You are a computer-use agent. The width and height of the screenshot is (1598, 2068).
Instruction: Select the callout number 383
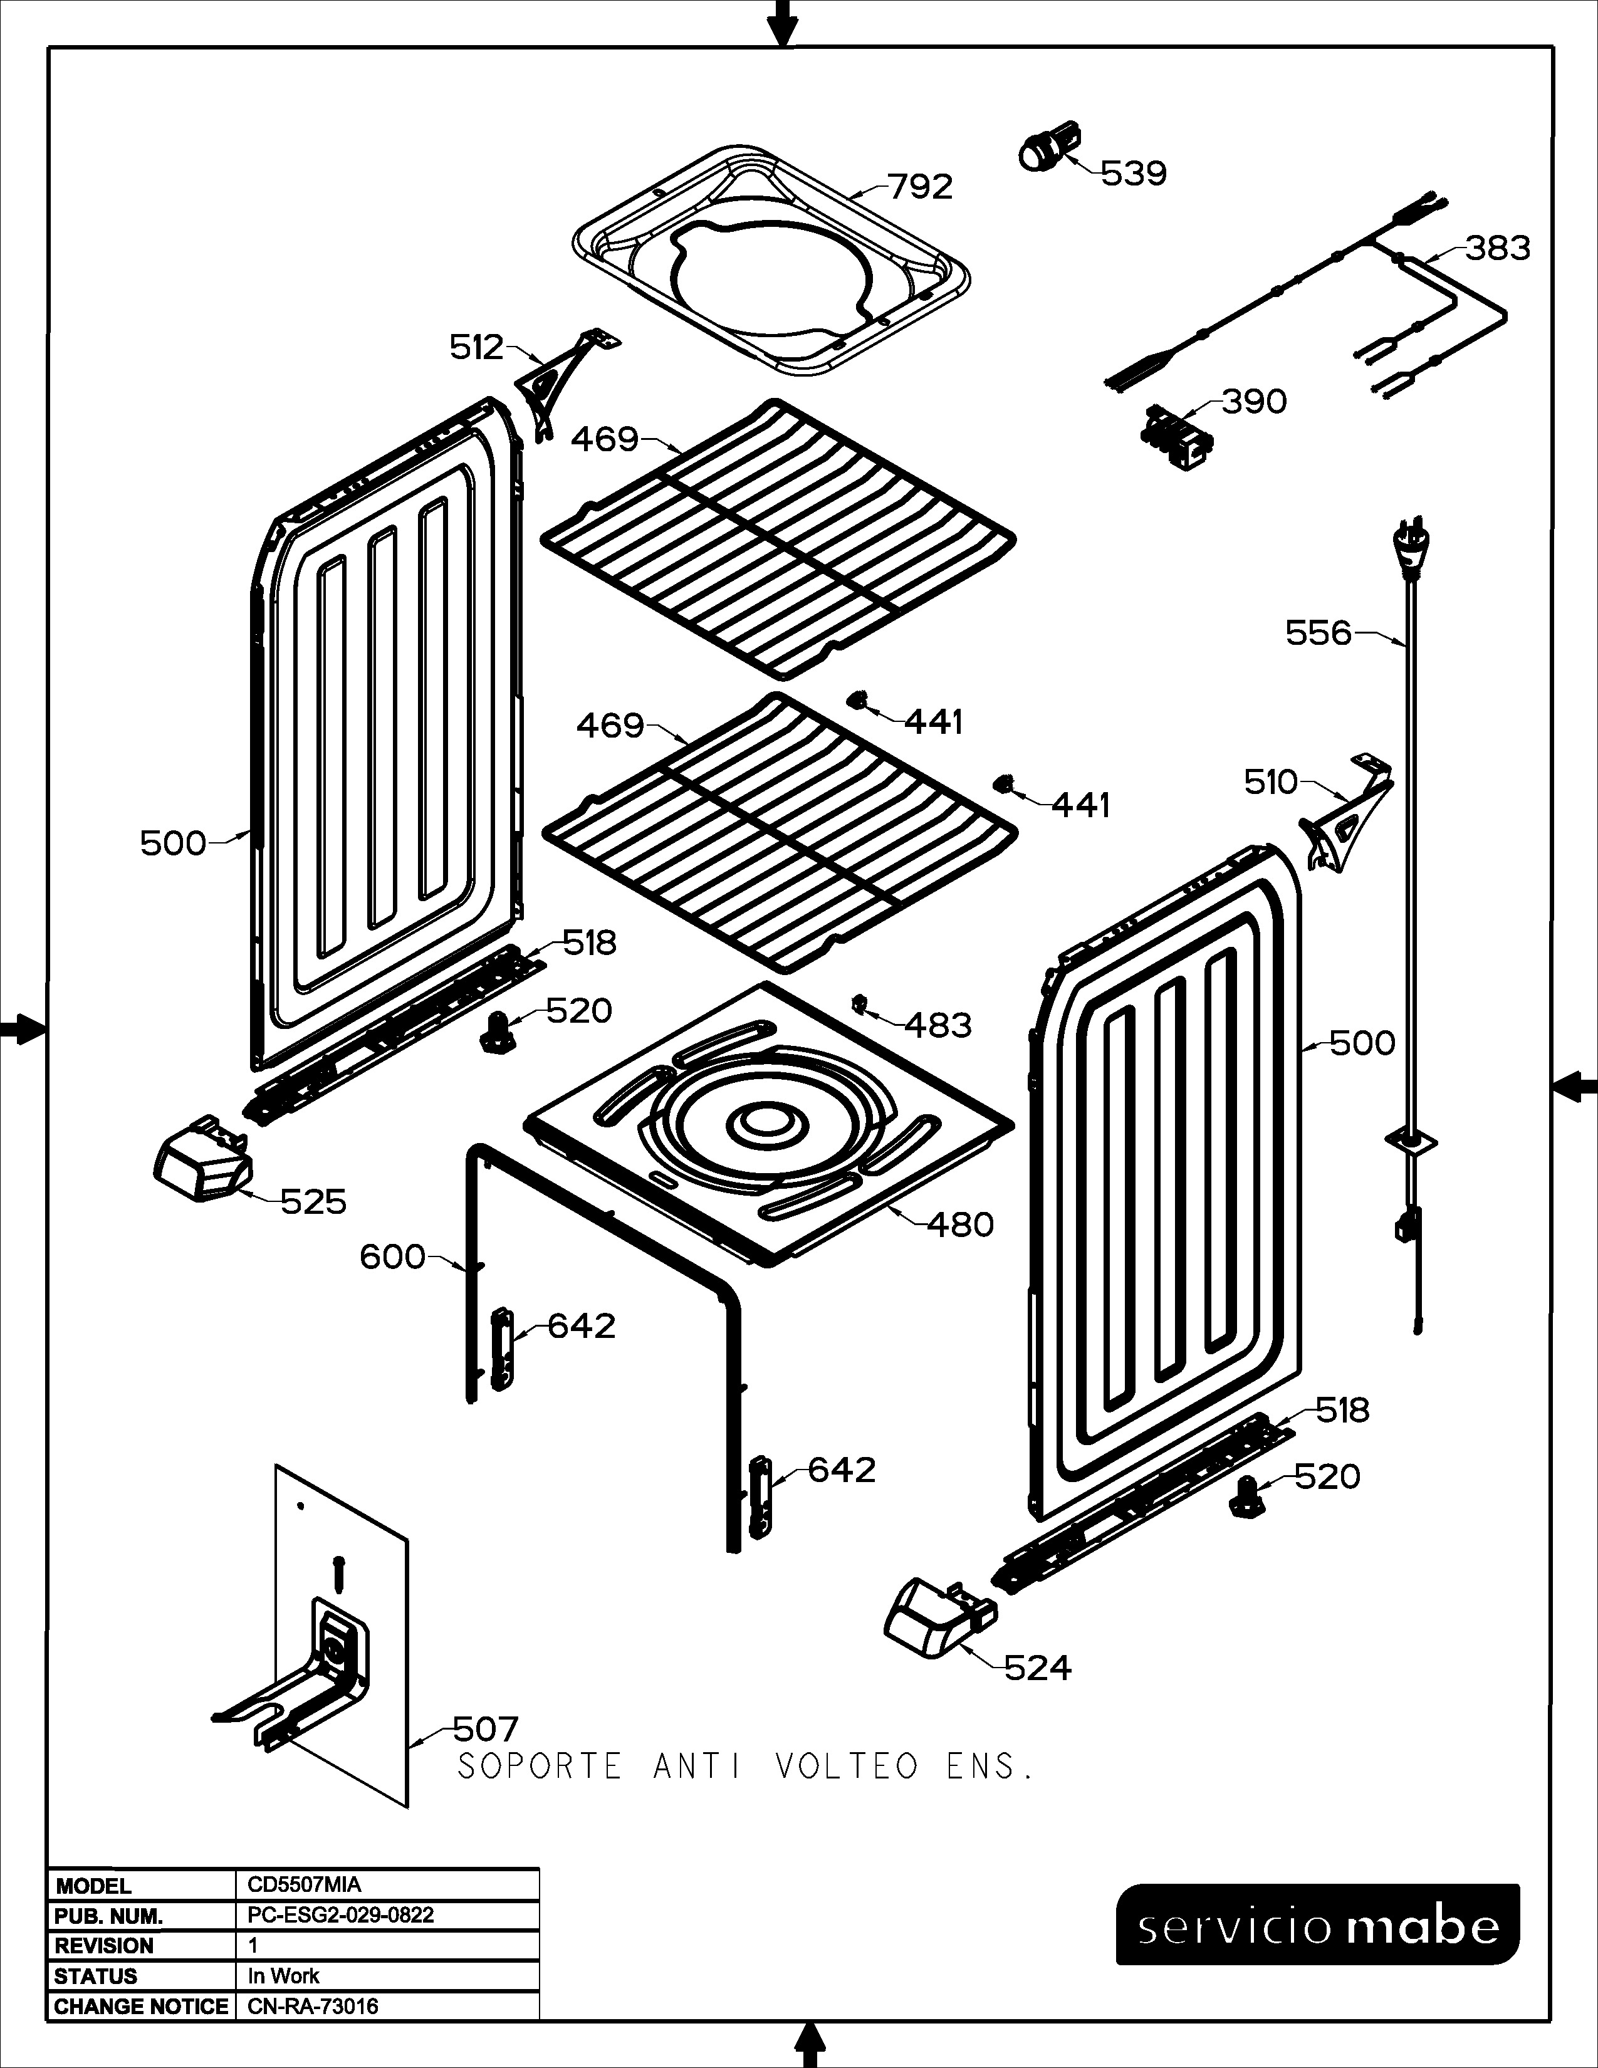tap(1498, 248)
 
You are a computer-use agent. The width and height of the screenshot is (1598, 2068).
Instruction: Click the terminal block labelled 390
tap(1178, 437)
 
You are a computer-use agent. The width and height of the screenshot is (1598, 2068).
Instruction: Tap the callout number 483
tap(938, 1025)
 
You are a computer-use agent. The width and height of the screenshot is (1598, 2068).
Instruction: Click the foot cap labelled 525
tap(202, 1160)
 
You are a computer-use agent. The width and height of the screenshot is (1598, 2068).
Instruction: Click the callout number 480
tap(960, 1225)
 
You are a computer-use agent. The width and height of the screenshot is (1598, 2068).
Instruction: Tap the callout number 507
tap(486, 1729)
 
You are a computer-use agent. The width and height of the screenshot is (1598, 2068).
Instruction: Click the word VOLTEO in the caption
tap(847, 1766)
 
